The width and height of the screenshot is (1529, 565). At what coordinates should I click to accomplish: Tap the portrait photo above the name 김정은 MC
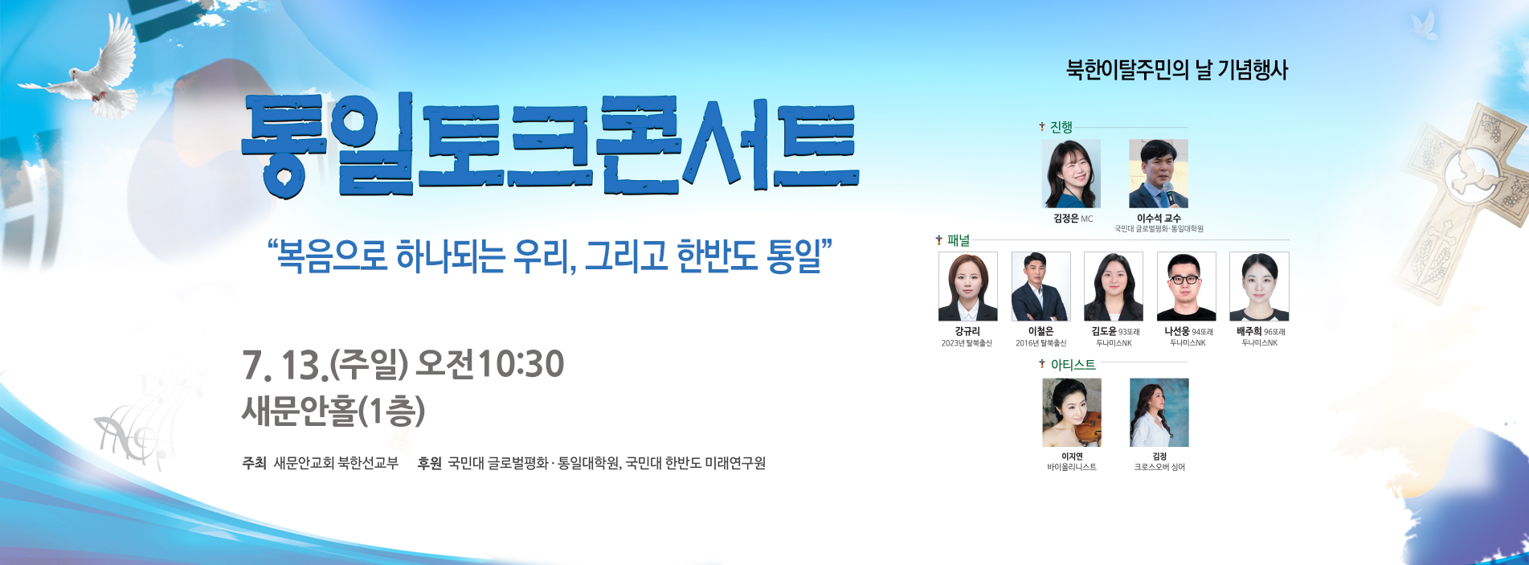click(x=1071, y=174)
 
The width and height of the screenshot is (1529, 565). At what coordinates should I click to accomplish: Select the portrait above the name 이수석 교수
click(x=1159, y=174)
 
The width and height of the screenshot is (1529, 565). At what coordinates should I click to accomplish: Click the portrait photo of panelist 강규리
click(x=968, y=287)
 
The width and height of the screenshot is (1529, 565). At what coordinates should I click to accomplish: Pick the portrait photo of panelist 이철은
click(x=1041, y=287)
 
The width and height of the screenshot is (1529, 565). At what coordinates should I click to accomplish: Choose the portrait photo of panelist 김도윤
click(x=1114, y=287)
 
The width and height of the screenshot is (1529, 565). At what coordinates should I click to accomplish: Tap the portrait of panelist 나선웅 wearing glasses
click(x=1187, y=287)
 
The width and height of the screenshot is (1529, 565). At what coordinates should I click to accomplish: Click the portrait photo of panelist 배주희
click(x=1259, y=287)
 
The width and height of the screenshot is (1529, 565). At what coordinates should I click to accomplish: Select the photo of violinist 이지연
click(x=1072, y=413)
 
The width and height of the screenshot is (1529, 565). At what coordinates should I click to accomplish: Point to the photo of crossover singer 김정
click(x=1159, y=413)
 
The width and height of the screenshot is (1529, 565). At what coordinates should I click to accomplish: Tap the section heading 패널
click(x=959, y=240)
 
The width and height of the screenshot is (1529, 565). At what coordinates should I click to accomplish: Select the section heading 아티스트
click(x=1073, y=365)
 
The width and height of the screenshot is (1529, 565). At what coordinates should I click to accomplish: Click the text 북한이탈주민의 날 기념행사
click(x=1177, y=70)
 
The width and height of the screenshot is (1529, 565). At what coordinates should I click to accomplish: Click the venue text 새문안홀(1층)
click(x=333, y=411)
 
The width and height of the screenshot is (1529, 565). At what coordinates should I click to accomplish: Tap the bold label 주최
click(x=254, y=463)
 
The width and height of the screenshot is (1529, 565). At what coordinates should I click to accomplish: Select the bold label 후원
click(x=430, y=463)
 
